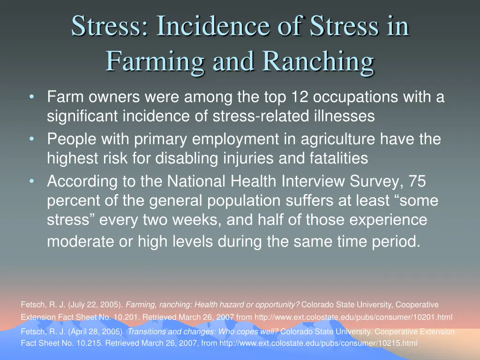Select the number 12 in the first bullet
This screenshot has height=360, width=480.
point(299,97)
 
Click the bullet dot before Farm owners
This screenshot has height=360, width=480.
point(31,97)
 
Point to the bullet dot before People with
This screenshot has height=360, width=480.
point(31,139)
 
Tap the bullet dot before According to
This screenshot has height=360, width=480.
point(31,181)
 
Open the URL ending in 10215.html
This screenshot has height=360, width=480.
point(318,343)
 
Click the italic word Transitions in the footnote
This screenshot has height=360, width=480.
point(147,332)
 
